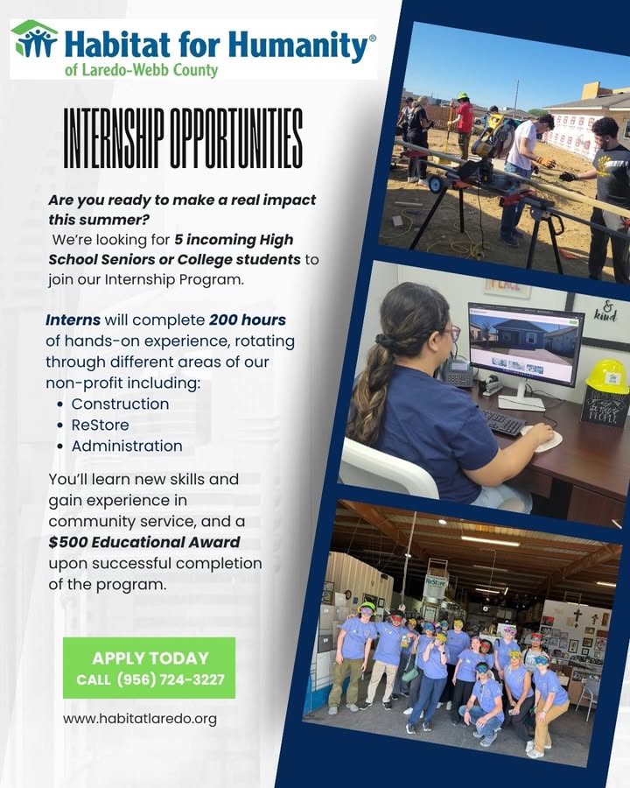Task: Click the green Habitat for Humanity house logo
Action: (34, 39)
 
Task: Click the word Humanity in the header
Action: (298, 46)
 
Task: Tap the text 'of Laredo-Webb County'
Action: (141, 70)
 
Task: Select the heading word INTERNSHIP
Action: (114, 138)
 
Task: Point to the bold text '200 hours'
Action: (247, 320)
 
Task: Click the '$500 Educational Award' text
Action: (144, 542)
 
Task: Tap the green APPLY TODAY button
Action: (150, 668)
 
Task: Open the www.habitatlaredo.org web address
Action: (140, 719)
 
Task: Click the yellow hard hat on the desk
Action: (607, 376)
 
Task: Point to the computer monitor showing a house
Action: (526, 344)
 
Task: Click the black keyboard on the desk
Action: (504, 423)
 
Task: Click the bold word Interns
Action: (73, 320)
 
